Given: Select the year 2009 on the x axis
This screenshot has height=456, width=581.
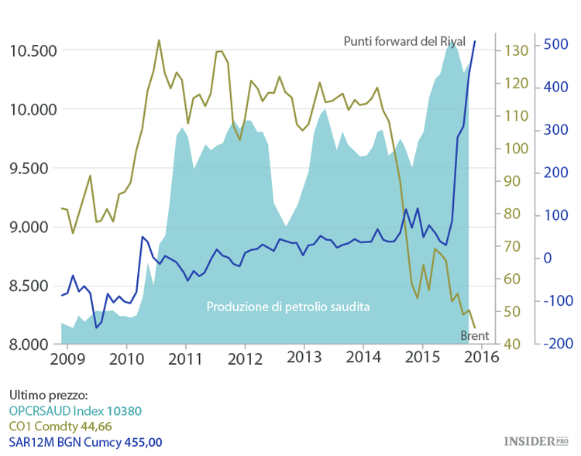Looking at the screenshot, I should click(x=68, y=359).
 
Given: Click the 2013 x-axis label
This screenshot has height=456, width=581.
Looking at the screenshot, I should click(x=304, y=359).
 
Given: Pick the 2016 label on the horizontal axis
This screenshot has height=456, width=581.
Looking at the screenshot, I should click(x=482, y=359).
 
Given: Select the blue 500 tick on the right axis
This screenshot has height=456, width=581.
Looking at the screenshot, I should click(x=557, y=44).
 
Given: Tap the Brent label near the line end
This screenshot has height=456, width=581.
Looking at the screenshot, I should click(x=474, y=336).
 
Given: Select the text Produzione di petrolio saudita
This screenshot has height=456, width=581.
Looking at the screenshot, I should click(x=287, y=307).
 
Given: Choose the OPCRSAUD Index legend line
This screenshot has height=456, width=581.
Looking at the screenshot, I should click(x=76, y=410).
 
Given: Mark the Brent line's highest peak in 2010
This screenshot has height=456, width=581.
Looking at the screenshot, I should click(x=159, y=40).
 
